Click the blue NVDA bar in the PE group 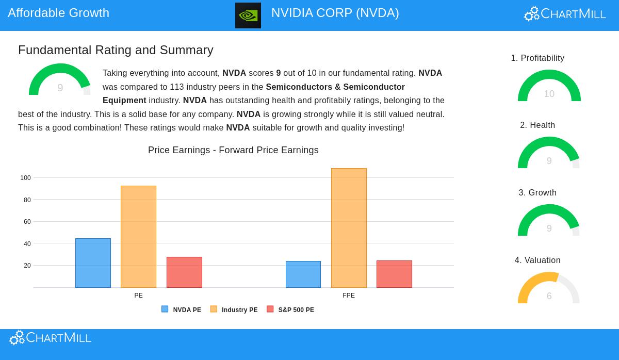[93, 263]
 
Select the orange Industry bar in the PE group [138, 237]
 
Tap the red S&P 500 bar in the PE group [184, 272]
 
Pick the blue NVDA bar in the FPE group [303, 274]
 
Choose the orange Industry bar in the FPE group [349, 228]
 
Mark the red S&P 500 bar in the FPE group [394, 274]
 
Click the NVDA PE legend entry [182, 309]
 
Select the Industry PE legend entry [234, 309]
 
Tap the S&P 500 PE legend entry [290, 309]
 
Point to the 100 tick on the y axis [25, 178]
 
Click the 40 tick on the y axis [27, 244]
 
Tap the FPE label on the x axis [349, 296]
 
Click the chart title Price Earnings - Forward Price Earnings [233, 150]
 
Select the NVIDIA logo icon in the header [248, 15]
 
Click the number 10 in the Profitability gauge [549, 94]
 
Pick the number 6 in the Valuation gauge [549, 296]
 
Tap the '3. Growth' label [537, 193]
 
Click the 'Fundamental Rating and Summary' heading [116, 50]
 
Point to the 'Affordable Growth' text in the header [58, 13]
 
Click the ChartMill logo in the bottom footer [50, 338]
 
